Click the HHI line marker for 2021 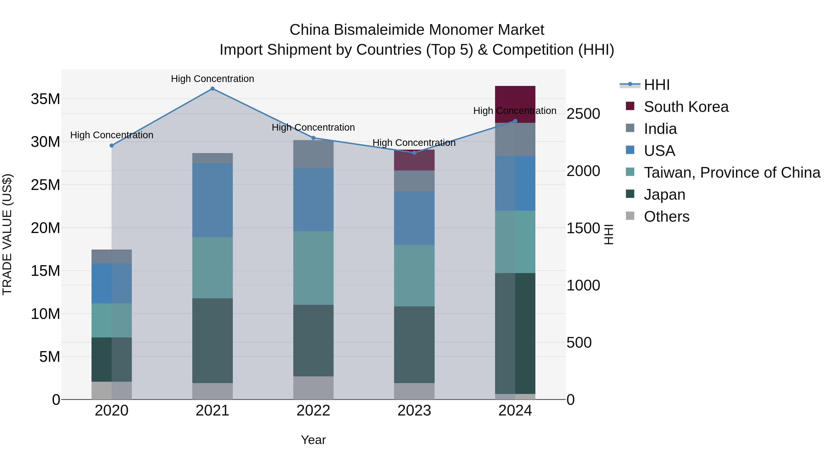(212, 89)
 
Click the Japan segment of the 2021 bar (212, 340)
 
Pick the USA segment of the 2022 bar (313, 199)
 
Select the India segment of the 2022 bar (313, 154)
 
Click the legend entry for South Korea (686, 107)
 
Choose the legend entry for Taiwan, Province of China (732, 173)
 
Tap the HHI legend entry (657, 85)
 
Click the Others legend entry (666, 217)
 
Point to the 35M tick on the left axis (45, 99)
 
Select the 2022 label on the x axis (313, 411)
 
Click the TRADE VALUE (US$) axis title (7, 234)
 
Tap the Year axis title (313, 440)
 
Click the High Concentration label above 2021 (212, 79)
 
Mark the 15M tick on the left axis (45, 271)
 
